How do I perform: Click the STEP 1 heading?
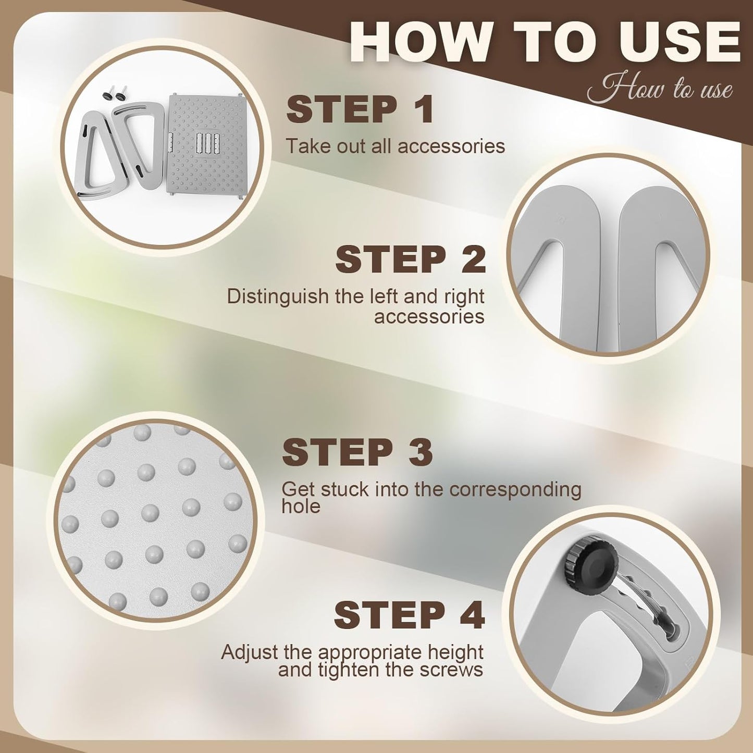pos(360,109)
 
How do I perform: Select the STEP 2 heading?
pos(410,260)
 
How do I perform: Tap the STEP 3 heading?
pos(357,452)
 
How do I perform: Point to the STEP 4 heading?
pos(409,615)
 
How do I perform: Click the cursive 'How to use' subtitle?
pos(660,88)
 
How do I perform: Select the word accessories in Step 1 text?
pos(451,146)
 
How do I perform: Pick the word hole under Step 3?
pos(301,507)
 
